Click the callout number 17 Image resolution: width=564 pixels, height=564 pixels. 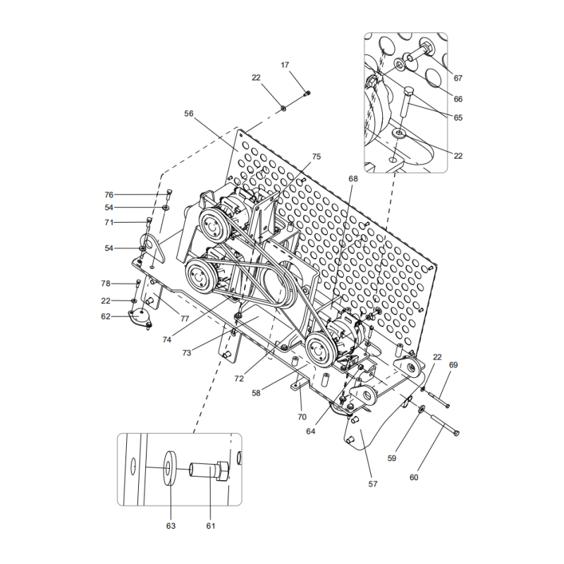(x=285, y=65)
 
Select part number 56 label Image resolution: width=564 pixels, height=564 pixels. (x=189, y=114)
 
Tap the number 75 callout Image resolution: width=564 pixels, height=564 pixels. (x=316, y=157)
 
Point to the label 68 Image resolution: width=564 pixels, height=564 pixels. (x=352, y=179)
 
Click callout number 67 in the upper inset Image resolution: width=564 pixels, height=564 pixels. (x=458, y=78)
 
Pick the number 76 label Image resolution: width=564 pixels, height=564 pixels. (x=109, y=195)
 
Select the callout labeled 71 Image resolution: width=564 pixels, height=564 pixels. (x=109, y=222)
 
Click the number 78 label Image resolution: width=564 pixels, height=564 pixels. (x=106, y=283)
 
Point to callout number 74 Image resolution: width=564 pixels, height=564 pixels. (x=167, y=339)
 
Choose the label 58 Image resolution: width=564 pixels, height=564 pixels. (x=257, y=393)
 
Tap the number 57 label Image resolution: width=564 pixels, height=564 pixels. (x=373, y=484)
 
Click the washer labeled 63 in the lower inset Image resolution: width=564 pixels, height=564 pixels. (x=171, y=467)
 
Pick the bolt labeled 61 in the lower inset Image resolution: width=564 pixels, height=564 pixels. (x=209, y=469)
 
